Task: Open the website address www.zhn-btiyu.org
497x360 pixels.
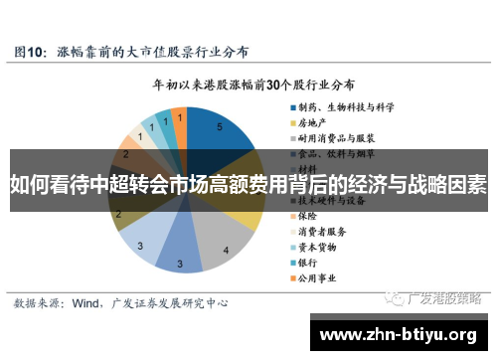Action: [x=403, y=333]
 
